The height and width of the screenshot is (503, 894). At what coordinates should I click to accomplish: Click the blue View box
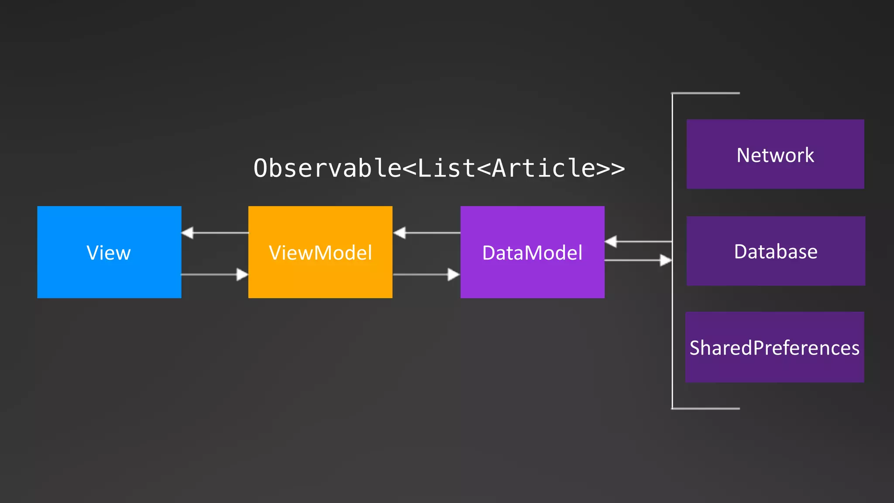[109, 252]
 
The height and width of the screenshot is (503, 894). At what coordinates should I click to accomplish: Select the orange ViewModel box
[320, 252]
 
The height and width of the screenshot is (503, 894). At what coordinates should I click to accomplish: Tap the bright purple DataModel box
[532, 252]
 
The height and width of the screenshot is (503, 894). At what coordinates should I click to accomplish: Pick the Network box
[775, 154]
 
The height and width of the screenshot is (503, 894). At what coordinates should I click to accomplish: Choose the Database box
[776, 251]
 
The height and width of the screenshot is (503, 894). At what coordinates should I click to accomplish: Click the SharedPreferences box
[774, 347]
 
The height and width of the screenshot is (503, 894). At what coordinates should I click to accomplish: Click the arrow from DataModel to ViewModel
[427, 233]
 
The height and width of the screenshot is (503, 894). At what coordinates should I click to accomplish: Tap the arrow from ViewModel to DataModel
[426, 275]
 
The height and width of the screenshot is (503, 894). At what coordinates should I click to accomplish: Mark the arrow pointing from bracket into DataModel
[638, 241]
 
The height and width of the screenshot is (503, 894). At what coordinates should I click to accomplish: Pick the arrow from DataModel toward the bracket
[638, 260]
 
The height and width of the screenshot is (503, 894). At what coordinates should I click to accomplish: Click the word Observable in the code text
[327, 168]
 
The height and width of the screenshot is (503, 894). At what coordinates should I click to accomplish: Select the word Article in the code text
[543, 168]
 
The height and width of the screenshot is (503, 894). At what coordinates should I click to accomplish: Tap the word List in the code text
[446, 168]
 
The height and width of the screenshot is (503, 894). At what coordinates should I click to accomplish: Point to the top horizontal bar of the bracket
[705, 93]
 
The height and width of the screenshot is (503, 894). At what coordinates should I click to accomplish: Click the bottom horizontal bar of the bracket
[705, 409]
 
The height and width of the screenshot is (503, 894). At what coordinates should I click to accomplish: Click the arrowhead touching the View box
[187, 233]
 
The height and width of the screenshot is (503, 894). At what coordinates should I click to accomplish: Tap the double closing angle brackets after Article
[610, 169]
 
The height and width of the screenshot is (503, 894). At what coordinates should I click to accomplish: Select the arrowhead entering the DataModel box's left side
[454, 275]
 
